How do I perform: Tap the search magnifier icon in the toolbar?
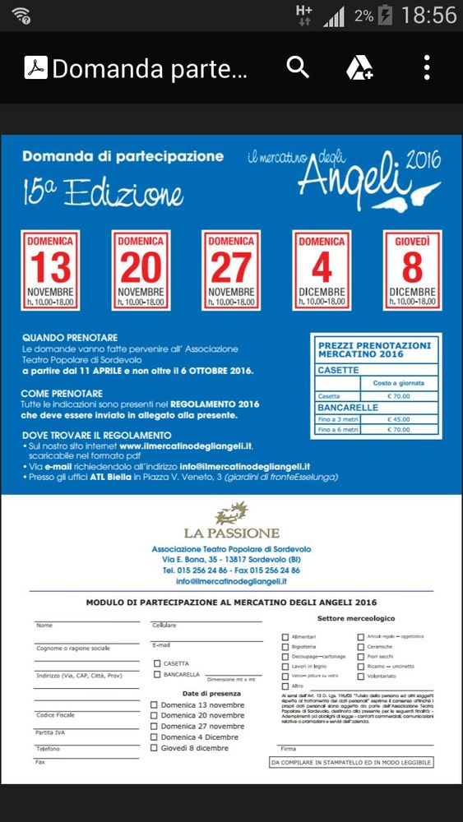[298, 67]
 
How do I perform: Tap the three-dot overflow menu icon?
[427, 67]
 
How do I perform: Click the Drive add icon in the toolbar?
[359, 67]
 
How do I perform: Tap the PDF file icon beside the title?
[35, 67]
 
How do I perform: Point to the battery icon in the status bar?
[385, 15]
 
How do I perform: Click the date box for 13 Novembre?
[50, 270]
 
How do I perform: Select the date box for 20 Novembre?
[141, 270]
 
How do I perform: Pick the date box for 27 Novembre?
[231, 270]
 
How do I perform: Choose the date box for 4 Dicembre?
[322, 270]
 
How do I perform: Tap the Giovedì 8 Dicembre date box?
[412, 270]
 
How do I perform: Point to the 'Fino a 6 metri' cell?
[337, 428]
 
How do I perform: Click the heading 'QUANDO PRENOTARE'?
[70, 338]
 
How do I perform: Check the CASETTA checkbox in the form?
[157, 663]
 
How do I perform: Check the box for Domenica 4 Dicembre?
[154, 737]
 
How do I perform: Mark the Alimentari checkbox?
[285, 636]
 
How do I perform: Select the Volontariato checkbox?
[361, 677]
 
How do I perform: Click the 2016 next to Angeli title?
[424, 159]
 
